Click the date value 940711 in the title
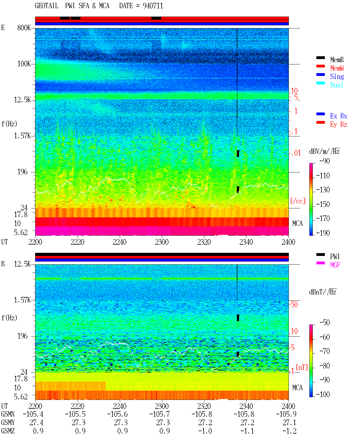pyautogui.click(x=153, y=6)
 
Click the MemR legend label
pyautogui.click(x=337, y=60)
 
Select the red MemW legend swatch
pyautogui.click(x=320, y=66)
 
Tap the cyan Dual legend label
pyautogui.click(x=336, y=85)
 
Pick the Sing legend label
pyautogui.click(x=337, y=76)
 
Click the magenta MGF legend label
pyautogui.click(x=335, y=265)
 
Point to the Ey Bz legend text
pyautogui.click(x=339, y=125)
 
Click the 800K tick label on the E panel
pyautogui.click(x=24, y=28)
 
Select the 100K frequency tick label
pyautogui.click(x=24, y=64)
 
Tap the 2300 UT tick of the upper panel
pyautogui.click(x=162, y=242)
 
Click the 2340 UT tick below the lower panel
pyautogui.click(x=246, y=406)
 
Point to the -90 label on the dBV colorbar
pyautogui.click(x=325, y=161)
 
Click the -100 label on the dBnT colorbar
pyautogui.click(x=323, y=394)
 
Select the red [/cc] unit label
pyautogui.click(x=298, y=201)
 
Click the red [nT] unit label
pyautogui.click(x=302, y=367)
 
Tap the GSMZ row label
pyautogui.click(x=8, y=431)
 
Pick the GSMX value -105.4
pyautogui.click(x=33, y=414)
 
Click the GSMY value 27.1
pyautogui.click(x=289, y=423)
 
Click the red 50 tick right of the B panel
pyautogui.click(x=294, y=305)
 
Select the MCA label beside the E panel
pyautogui.click(x=297, y=223)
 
